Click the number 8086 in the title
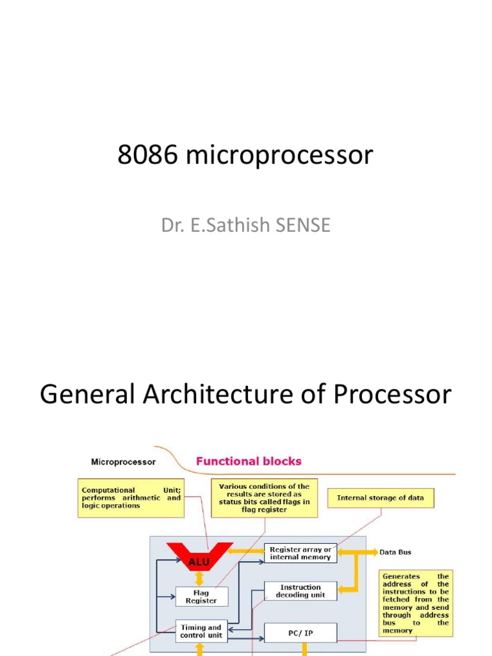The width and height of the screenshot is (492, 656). [x=147, y=154]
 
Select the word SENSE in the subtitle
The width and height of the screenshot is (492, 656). [x=303, y=225]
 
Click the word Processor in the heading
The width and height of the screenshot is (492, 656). [x=393, y=394]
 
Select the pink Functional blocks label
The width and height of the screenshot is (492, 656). [x=249, y=461]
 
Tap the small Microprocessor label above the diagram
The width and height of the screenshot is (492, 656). [x=124, y=462]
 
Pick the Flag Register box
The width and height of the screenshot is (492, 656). [x=202, y=596]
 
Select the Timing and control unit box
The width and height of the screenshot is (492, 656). [x=201, y=631]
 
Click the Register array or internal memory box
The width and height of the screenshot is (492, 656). [x=300, y=553]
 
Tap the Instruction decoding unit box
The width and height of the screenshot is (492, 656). [x=300, y=591]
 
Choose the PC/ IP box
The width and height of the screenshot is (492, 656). [x=300, y=633]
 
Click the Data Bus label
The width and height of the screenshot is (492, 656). [x=395, y=552]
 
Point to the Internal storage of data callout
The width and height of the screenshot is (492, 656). [x=381, y=498]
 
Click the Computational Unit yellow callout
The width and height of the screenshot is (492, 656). [x=131, y=498]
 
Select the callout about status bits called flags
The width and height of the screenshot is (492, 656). [x=265, y=498]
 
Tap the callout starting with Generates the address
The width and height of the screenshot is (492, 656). [x=416, y=603]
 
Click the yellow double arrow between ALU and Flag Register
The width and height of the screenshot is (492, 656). [x=200, y=578]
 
